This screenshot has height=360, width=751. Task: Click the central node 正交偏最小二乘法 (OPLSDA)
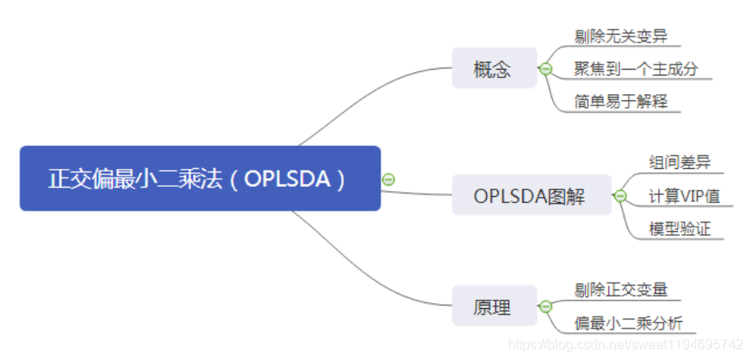(x=200, y=178)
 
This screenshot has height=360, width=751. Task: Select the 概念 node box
(x=494, y=69)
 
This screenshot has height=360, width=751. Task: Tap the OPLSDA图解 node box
(x=530, y=195)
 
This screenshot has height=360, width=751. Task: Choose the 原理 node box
(x=494, y=307)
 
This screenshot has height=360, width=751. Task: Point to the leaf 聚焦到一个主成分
(x=635, y=69)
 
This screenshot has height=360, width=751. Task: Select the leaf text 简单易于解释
(x=621, y=101)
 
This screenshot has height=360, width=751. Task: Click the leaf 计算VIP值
(x=684, y=196)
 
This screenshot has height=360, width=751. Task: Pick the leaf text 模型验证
(x=680, y=228)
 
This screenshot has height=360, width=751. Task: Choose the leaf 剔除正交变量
(x=621, y=290)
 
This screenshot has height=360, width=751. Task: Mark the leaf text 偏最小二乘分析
(x=628, y=323)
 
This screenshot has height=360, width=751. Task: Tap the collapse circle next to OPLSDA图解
(x=620, y=195)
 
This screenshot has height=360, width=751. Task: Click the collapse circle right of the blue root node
(x=389, y=179)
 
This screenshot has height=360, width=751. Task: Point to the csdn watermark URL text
(x=625, y=344)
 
